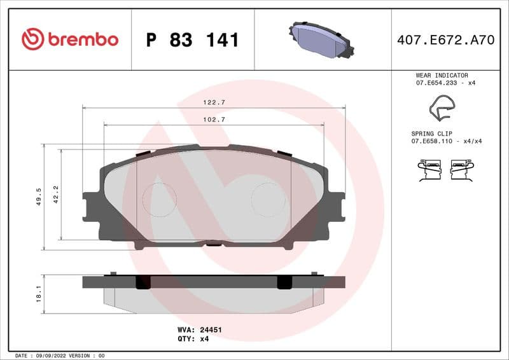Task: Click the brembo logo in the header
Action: (70, 39)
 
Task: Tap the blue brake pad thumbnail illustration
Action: (323, 39)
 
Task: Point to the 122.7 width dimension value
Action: (214, 102)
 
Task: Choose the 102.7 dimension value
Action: (214, 120)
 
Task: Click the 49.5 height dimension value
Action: (39, 196)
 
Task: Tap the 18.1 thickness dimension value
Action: (39, 294)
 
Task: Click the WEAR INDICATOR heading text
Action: (442, 75)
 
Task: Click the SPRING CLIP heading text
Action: (434, 133)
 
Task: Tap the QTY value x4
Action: (204, 339)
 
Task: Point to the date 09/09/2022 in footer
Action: (47, 356)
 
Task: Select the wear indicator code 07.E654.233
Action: (437, 83)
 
